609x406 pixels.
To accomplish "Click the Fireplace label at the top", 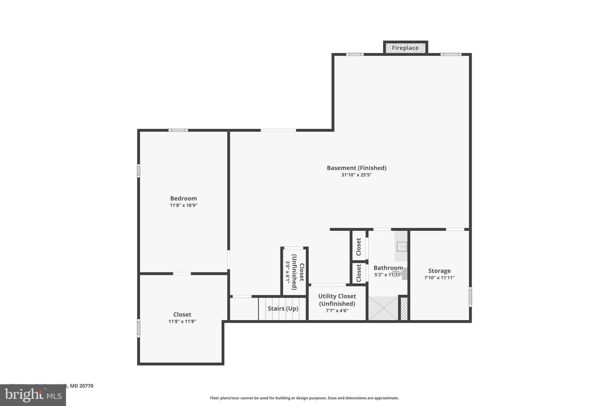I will (405, 48).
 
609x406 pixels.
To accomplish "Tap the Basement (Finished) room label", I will (357, 168).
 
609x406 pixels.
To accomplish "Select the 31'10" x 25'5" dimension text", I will (357, 175).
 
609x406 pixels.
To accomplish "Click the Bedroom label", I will (183, 198).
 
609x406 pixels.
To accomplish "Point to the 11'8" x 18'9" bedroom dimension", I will (183, 205).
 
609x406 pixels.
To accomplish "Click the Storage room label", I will (439, 271).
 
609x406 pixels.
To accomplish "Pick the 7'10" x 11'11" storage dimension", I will (439, 278).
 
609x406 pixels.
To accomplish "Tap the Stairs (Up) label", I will (283, 308).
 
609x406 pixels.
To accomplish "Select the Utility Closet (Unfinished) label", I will (337, 300).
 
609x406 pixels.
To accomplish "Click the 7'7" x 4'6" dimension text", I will (337, 311).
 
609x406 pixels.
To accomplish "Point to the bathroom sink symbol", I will (402, 247).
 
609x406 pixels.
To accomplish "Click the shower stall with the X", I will (383, 308).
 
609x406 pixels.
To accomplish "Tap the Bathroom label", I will (388, 268).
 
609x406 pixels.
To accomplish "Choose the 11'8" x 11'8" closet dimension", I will (182, 322).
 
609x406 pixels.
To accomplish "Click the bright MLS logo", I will (33, 395).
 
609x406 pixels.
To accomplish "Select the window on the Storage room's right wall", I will (470, 297).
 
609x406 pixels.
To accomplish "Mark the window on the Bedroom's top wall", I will (178, 130).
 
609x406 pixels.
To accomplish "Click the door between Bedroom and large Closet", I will (182, 274).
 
